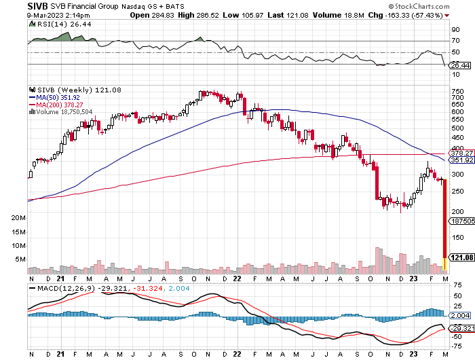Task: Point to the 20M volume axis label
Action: (18, 218)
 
